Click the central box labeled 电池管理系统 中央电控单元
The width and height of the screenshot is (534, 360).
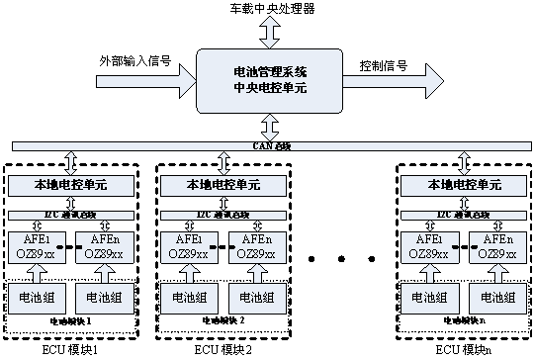269,80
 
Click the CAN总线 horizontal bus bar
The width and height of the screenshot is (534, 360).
267,147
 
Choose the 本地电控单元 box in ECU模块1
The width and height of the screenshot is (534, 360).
69,185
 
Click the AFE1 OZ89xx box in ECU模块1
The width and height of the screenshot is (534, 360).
35,247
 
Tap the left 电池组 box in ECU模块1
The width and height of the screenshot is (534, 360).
35,297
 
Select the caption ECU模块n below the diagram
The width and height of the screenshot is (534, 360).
461,350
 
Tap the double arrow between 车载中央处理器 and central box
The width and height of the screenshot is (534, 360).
269,32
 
